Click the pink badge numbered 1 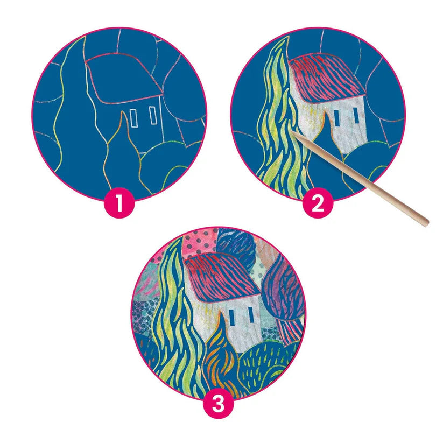(119, 202)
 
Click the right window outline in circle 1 (152, 115)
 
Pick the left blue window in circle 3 (233, 317)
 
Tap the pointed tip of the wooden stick (292, 132)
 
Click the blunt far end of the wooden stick (425, 223)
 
